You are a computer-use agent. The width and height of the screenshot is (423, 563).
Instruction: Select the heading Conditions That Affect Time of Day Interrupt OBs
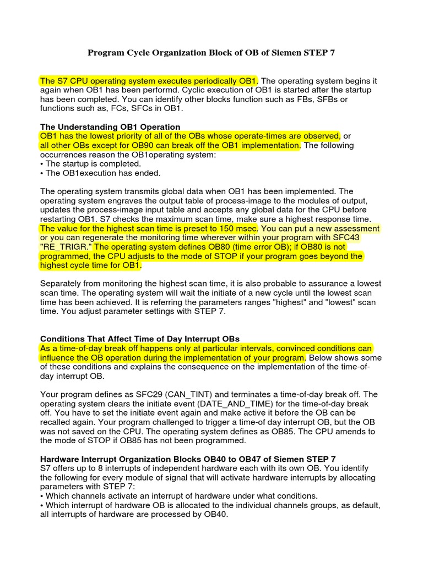[x=140, y=339]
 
